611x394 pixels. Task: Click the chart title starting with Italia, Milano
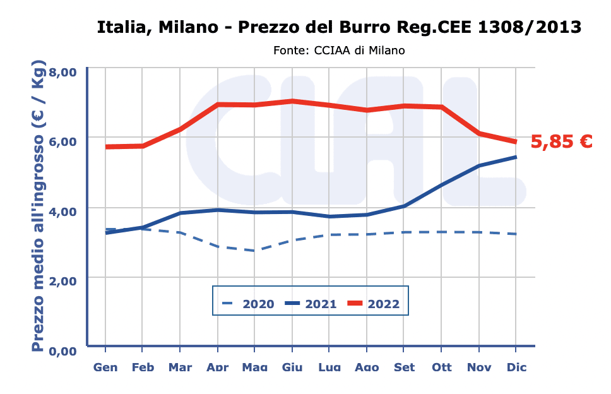point(339,27)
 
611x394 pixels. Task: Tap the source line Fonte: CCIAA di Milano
point(339,50)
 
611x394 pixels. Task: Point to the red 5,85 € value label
point(561,141)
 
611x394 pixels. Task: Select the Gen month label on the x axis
point(105,367)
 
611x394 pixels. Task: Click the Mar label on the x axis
point(180,367)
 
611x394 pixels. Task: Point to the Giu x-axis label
point(292,367)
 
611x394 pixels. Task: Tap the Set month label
point(404,367)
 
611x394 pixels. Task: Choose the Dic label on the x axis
point(516,367)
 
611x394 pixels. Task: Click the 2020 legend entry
point(248,304)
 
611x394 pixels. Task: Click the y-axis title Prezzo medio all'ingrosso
point(39,206)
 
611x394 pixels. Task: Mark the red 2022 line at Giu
point(292,101)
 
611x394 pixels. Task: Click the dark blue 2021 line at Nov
point(479,165)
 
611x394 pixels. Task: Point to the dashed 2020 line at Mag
point(254,251)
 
